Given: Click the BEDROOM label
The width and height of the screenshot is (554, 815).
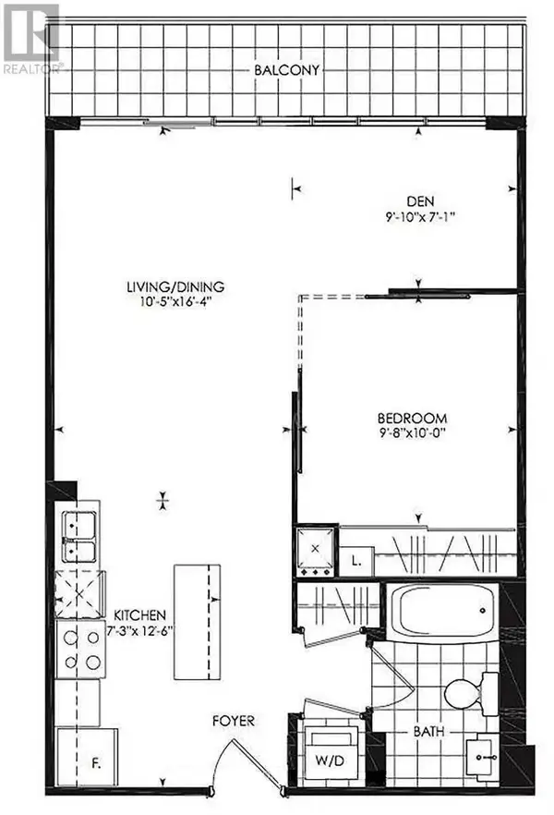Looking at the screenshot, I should coord(413,417).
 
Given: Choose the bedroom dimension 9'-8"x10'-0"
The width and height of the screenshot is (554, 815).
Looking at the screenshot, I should coord(413,432).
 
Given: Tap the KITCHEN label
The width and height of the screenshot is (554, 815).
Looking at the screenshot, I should coord(139,614).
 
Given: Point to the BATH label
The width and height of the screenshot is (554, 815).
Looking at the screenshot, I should coord(428,732).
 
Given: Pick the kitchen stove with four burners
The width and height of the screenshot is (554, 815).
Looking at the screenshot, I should coord(81,649).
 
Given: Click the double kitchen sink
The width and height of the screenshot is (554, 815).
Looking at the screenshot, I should coord(79,538).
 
